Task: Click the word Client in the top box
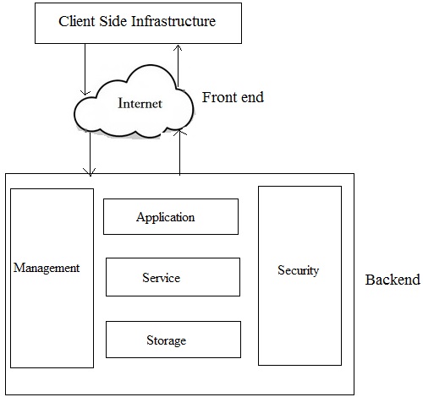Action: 76,21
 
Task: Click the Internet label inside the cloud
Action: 140,103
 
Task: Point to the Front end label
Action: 233,97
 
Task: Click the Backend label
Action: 393,280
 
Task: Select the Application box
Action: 171,216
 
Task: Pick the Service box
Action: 173,277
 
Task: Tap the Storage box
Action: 173,340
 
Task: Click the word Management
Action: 47,268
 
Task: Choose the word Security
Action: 299,270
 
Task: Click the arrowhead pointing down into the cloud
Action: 85,93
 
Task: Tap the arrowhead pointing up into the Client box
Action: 178,48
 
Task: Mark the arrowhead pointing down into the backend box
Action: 90,172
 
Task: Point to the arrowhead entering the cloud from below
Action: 180,132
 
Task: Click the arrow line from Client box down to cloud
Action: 85,69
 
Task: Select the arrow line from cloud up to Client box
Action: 178,66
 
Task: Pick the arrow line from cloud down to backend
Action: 90,154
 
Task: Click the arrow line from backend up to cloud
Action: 179,152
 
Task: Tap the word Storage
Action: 167,340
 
